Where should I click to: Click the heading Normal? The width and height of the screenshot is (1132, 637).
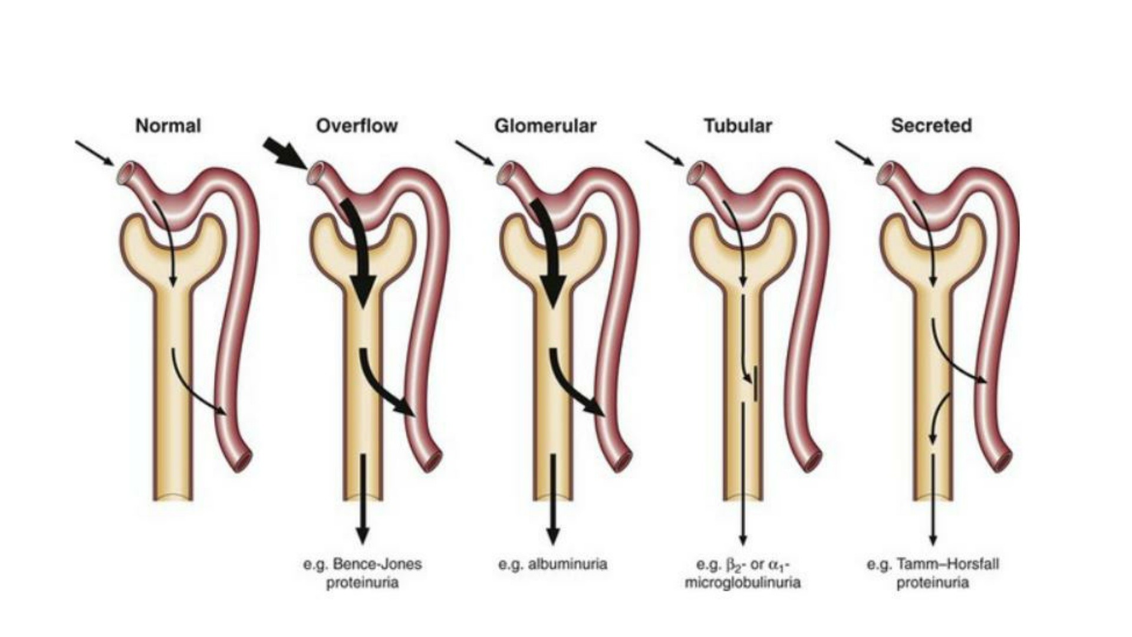pyautogui.click(x=168, y=126)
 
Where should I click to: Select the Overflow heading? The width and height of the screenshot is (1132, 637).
pyautogui.click(x=357, y=126)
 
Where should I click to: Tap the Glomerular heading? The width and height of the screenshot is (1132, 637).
pyautogui.click(x=545, y=126)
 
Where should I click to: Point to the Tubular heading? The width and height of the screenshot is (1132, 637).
pyautogui.click(x=738, y=126)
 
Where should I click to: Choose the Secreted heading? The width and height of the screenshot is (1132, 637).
pyautogui.click(x=931, y=126)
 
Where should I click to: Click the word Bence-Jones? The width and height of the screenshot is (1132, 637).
pyautogui.click(x=377, y=564)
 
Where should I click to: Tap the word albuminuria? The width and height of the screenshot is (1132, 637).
pyautogui.click(x=567, y=564)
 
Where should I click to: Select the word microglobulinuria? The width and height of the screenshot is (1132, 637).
pyautogui.click(x=742, y=583)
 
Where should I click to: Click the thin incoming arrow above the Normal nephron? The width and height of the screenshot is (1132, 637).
pyautogui.click(x=94, y=153)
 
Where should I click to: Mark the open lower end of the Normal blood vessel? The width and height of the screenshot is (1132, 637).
pyautogui.click(x=242, y=461)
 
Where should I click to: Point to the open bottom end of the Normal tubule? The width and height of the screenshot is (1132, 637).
pyautogui.click(x=173, y=497)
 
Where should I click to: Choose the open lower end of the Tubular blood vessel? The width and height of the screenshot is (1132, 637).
pyautogui.click(x=812, y=461)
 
